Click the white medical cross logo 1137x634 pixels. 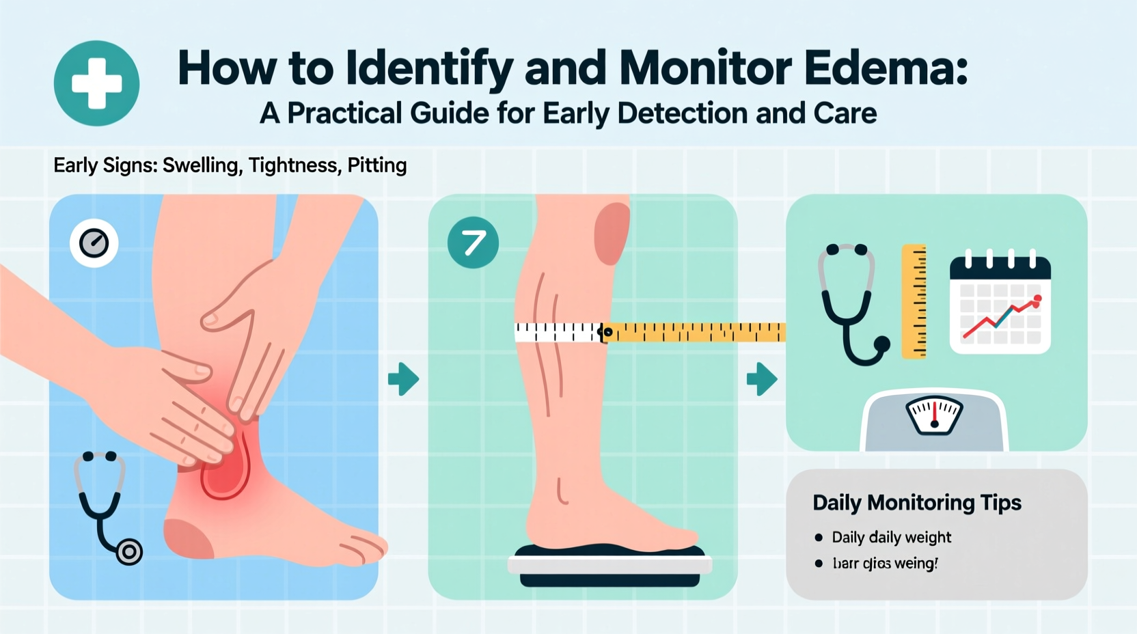tap(96, 83)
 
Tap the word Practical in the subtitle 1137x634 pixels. tap(344, 113)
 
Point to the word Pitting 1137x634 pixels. tap(376, 165)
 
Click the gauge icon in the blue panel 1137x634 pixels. tap(94, 243)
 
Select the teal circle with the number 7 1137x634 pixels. tap(473, 243)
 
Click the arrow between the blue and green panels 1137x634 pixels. tap(403, 379)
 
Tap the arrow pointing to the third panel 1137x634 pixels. tap(762, 379)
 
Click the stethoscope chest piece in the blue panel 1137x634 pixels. tap(129, 551)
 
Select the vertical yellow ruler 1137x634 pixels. tap(914, 301)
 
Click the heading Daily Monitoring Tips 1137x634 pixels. tap(916, 503)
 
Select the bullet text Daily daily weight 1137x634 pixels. tap(891, 538)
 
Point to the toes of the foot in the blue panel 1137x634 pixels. tap(362, 547)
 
